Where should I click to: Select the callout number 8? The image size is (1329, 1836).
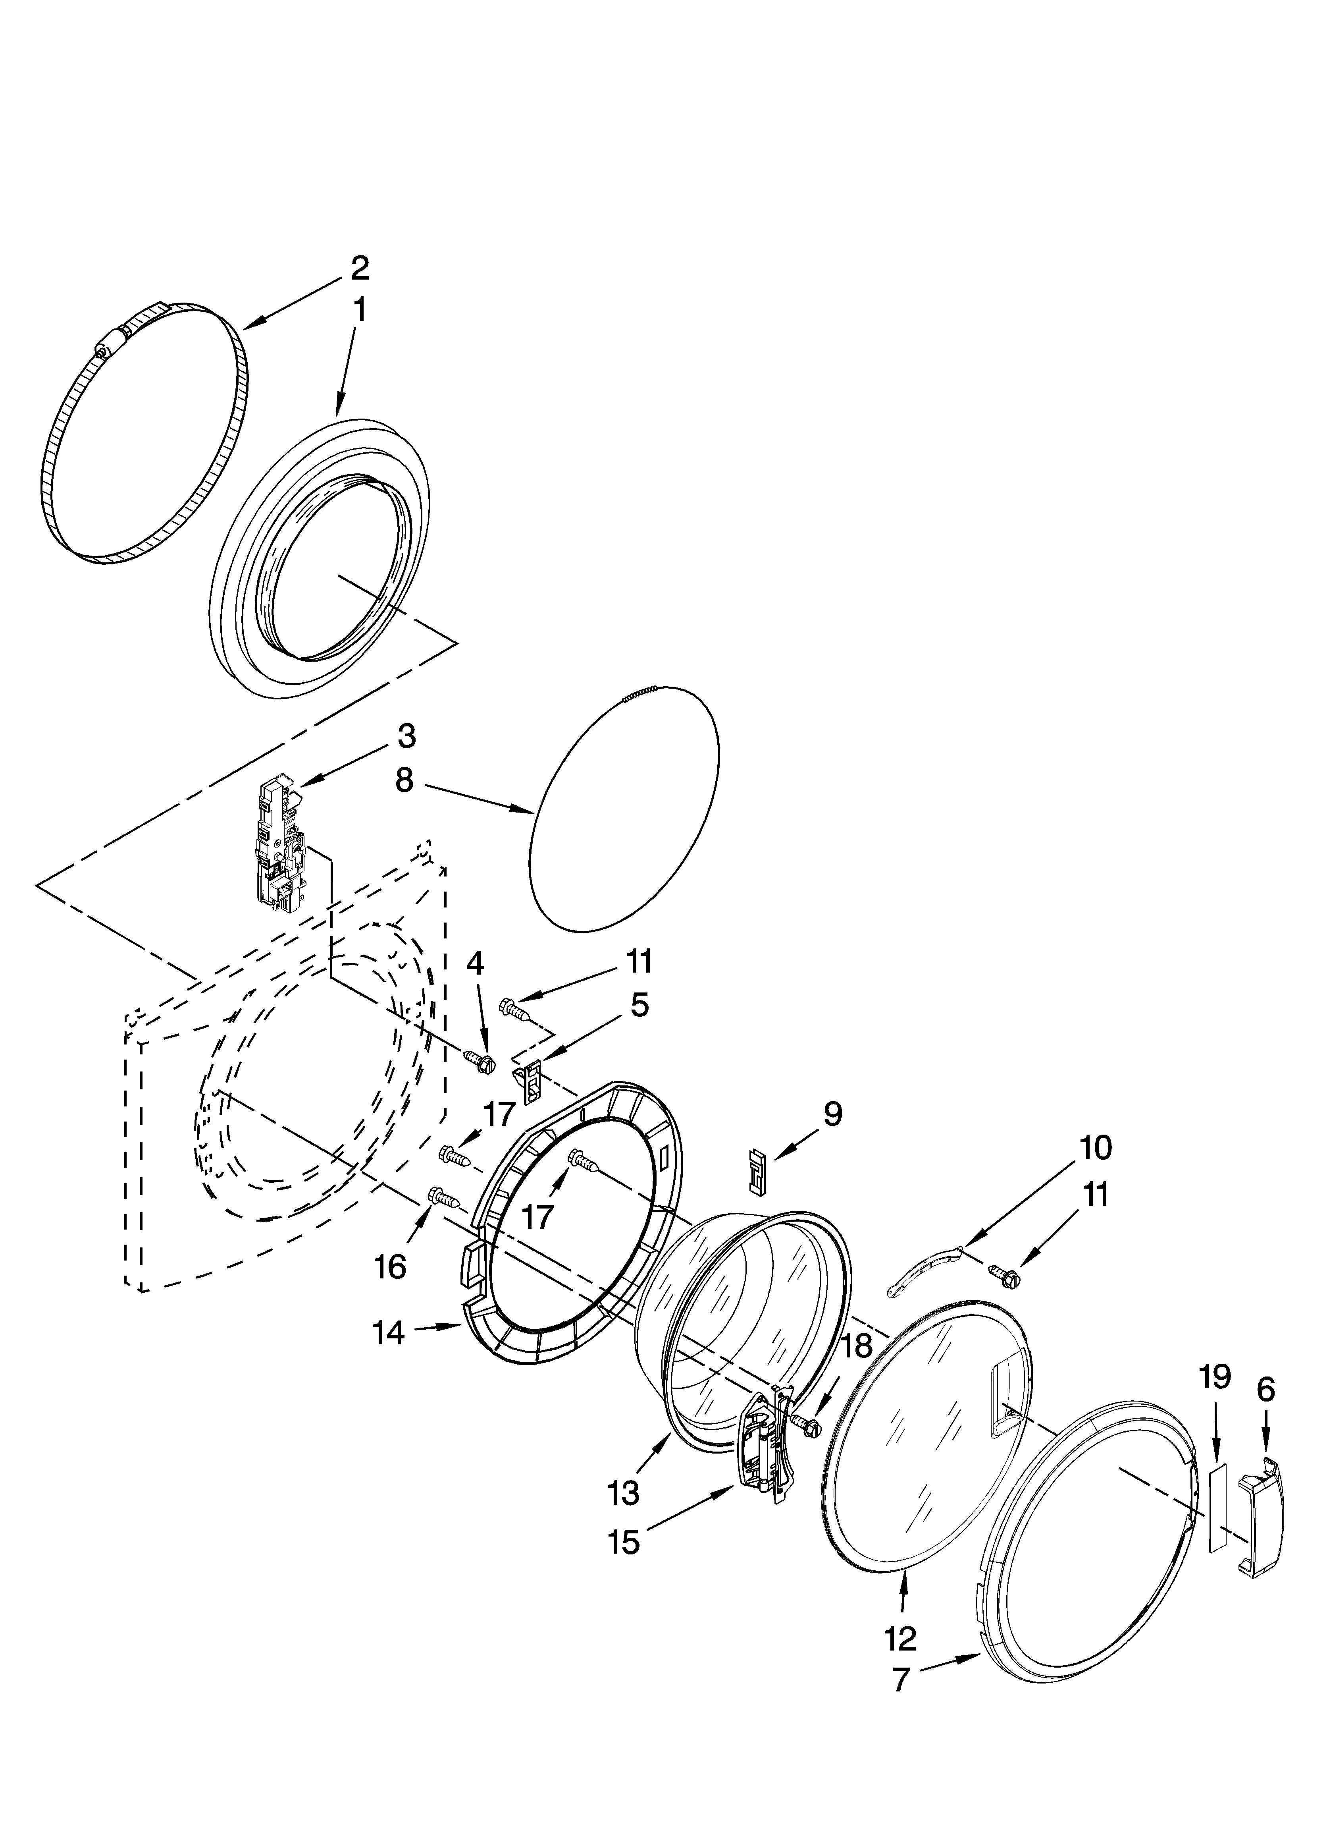tap(404, 780)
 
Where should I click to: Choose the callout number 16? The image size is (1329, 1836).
tap(390, 1267)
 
